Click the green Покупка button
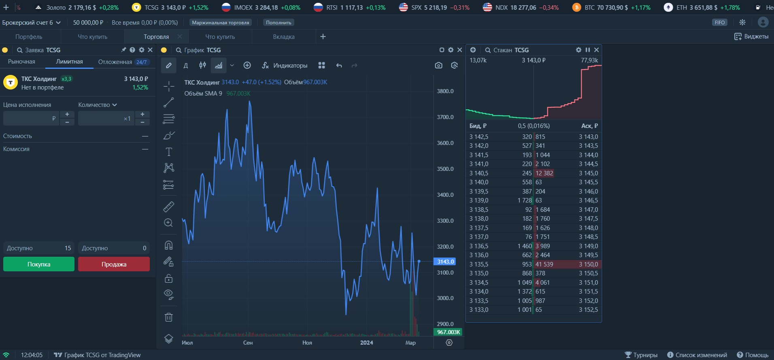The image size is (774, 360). coord(39,264)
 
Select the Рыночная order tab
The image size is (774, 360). coord(21,62)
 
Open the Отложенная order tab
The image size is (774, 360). coord(115,62)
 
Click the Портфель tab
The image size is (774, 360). coord(29,36)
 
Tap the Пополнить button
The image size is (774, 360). coord(279,23)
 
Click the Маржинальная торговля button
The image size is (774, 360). coord(220,23)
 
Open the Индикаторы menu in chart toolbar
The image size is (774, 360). coord(285,65)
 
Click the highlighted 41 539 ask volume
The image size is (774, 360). coord(544,264)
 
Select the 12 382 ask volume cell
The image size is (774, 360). coord(544,173)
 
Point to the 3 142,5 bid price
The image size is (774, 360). coord(479,137)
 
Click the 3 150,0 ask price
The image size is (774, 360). coord(588,264)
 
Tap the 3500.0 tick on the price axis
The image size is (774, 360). coord(445,169)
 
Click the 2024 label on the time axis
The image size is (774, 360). coord(366,343)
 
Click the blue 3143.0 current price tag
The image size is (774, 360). coord(445,262)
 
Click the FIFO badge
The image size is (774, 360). coord(720,23)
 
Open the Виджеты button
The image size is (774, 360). coord(751,36)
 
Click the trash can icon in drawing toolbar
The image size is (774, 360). coord(169,317)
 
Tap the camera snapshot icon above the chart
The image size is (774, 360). coord(438,65)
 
